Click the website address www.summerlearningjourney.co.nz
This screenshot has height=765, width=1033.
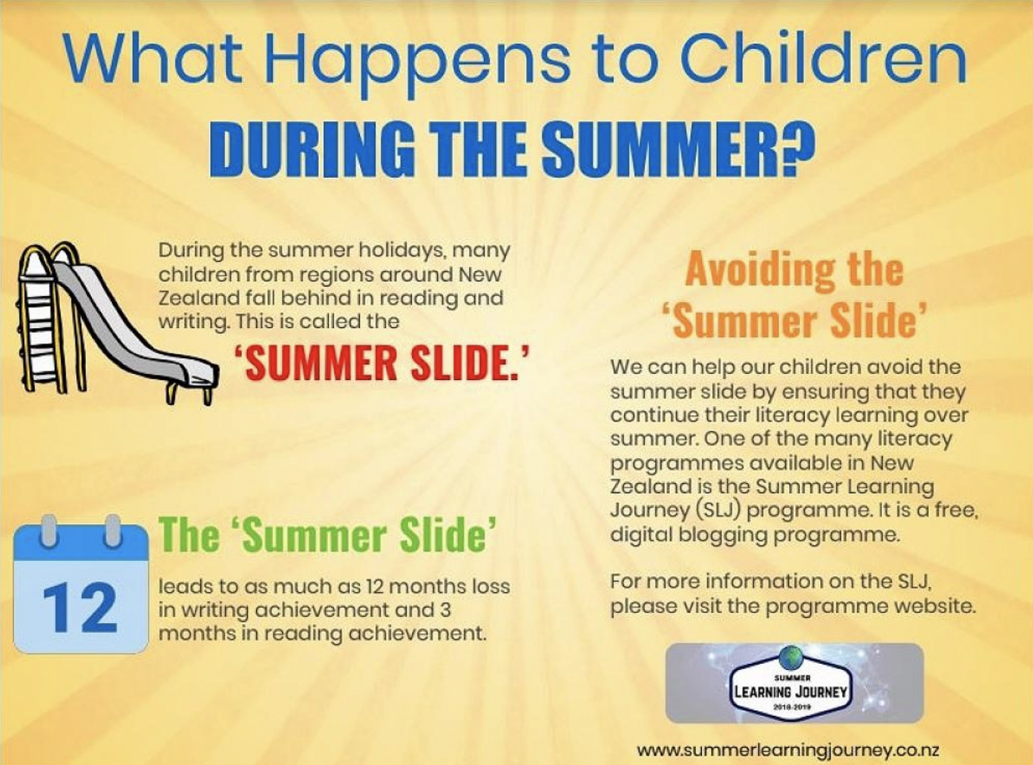pos(788,750)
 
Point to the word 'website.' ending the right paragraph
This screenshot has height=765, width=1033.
pos(935,605)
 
